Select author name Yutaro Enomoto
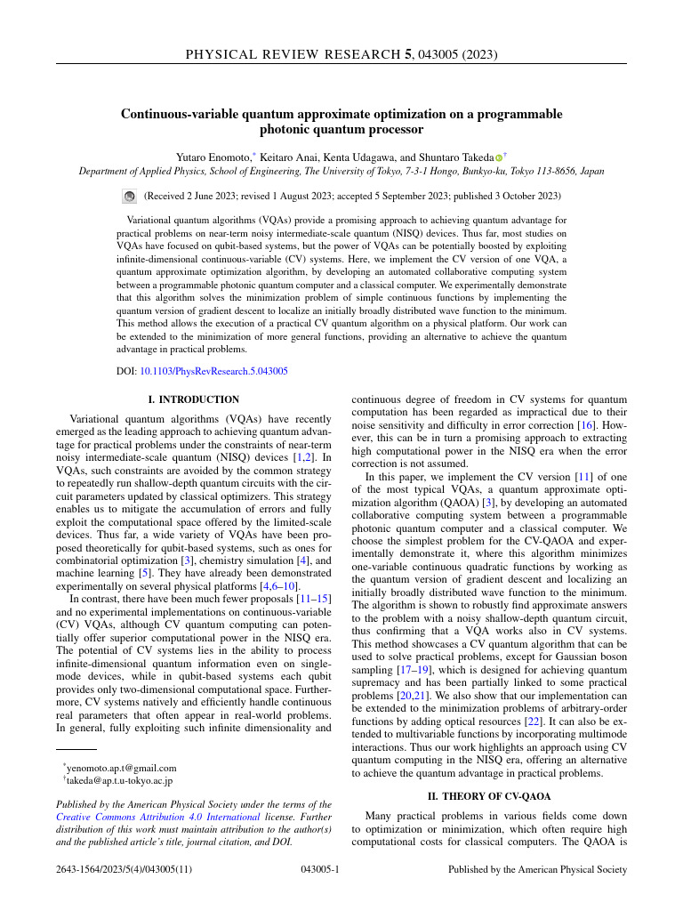click(213, 157)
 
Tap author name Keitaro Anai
click(290, 157)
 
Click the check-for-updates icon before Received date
click(129, 196)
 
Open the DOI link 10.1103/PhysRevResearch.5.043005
click(213, 371)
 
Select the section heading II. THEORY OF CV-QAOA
click(489, 796)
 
